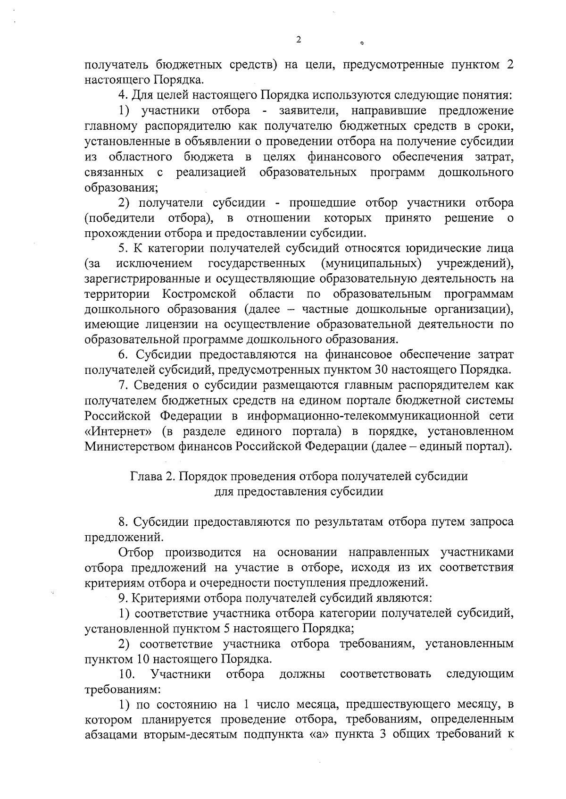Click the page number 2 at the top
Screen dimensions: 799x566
298,40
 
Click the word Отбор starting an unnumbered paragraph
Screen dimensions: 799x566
136,552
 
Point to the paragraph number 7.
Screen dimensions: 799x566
123,386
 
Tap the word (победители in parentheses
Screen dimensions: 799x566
120,218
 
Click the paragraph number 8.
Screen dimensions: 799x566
123,522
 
